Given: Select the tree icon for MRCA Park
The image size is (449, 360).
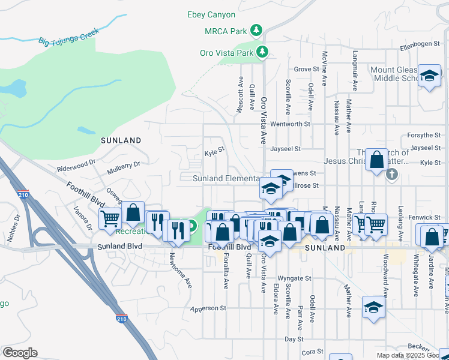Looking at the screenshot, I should point(256,29).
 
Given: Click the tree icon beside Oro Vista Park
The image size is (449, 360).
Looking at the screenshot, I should point(262,52).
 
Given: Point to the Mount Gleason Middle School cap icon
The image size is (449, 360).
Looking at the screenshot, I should point(429,76).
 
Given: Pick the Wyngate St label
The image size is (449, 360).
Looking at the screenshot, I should point(294,278).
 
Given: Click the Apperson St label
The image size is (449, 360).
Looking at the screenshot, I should point(208,308).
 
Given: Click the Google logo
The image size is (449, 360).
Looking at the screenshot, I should point(20,353).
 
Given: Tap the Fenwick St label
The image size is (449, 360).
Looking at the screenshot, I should point(424,217).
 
